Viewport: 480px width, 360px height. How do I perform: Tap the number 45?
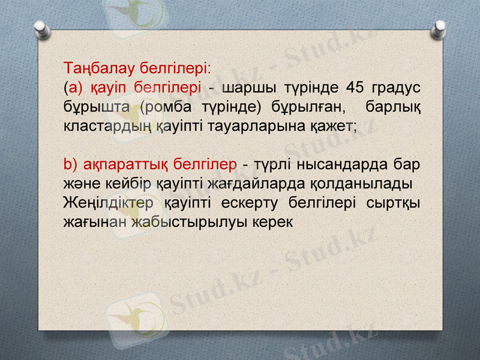(355, 88)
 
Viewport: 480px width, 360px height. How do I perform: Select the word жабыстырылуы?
(192, 221)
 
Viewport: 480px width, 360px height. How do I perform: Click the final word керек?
(275, 221)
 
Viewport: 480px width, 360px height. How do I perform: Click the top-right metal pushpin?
(440, 28)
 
